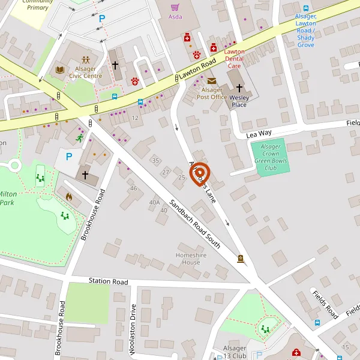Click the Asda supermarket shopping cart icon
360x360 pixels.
(175, 7)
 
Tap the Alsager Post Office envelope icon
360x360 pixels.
(211, 81)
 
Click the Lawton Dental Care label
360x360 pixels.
(234, 59)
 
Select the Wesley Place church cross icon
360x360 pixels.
(239, 88)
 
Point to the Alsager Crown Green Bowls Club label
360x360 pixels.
(271, 157)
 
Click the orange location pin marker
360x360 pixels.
(200, 173)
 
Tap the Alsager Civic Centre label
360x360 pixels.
(85, 73)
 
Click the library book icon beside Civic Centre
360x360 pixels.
(59, 70)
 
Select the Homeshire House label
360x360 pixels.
(187, 259)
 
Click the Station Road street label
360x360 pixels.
(109, 281)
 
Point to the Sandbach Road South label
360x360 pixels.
(194, 224)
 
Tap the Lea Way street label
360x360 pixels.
(259, 135)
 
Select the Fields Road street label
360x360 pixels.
(325, 304)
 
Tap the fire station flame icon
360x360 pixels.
(68, 196)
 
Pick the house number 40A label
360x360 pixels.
(155, 202)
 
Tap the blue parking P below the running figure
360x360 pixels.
(69, 157)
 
